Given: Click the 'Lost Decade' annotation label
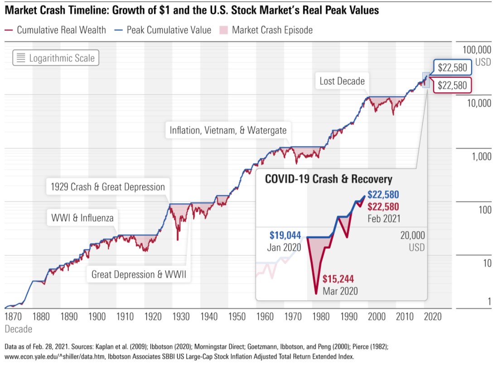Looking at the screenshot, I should coord(342,82).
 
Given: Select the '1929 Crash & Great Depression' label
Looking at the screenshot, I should coord(107,187).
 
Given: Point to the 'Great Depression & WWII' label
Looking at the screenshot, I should coord(139,274).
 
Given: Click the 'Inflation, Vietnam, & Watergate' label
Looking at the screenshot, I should coord(228,130).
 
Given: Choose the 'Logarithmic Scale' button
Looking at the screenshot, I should coord(56,58).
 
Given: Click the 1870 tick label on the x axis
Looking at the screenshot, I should coord(14,316).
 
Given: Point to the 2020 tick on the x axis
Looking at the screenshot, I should coord(433,316).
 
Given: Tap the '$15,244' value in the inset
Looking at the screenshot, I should coord(338,279).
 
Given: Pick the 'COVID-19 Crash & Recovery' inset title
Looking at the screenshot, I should coord(329,178).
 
